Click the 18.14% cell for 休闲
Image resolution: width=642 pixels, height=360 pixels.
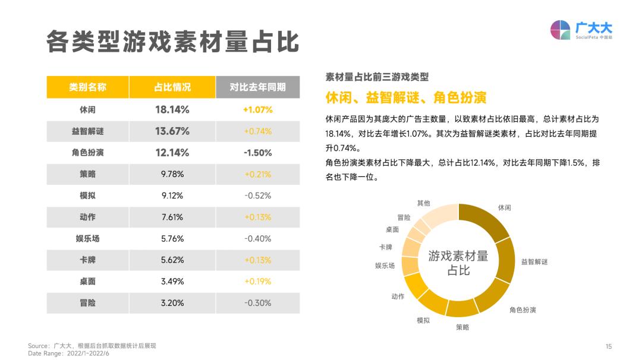[172, 110]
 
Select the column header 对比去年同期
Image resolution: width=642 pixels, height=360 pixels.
[257, 87]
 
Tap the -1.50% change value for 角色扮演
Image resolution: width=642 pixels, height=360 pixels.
[257, 153]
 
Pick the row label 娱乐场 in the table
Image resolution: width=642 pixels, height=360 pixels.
[87, 239]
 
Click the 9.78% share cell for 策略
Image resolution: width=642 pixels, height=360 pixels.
[172, 174]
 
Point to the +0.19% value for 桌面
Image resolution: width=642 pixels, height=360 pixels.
[257, 282]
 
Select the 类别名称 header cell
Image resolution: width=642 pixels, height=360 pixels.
[87, 87]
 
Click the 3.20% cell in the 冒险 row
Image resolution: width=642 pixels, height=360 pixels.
[172, 303]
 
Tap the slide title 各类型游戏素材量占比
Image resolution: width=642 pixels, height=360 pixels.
[172, 42]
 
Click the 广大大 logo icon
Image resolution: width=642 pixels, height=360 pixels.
[560, 30]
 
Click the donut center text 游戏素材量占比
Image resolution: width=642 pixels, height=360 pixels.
[458, 263]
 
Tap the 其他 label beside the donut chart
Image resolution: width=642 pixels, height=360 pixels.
[423, 203]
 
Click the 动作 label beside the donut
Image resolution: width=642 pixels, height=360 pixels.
[398, 296]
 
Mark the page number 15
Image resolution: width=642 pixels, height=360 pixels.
[608, 346]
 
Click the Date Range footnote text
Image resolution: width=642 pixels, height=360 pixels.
[69, 353]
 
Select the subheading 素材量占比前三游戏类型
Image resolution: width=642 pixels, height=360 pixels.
[377, 77]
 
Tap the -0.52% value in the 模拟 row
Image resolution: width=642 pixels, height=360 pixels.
[257, 195]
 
